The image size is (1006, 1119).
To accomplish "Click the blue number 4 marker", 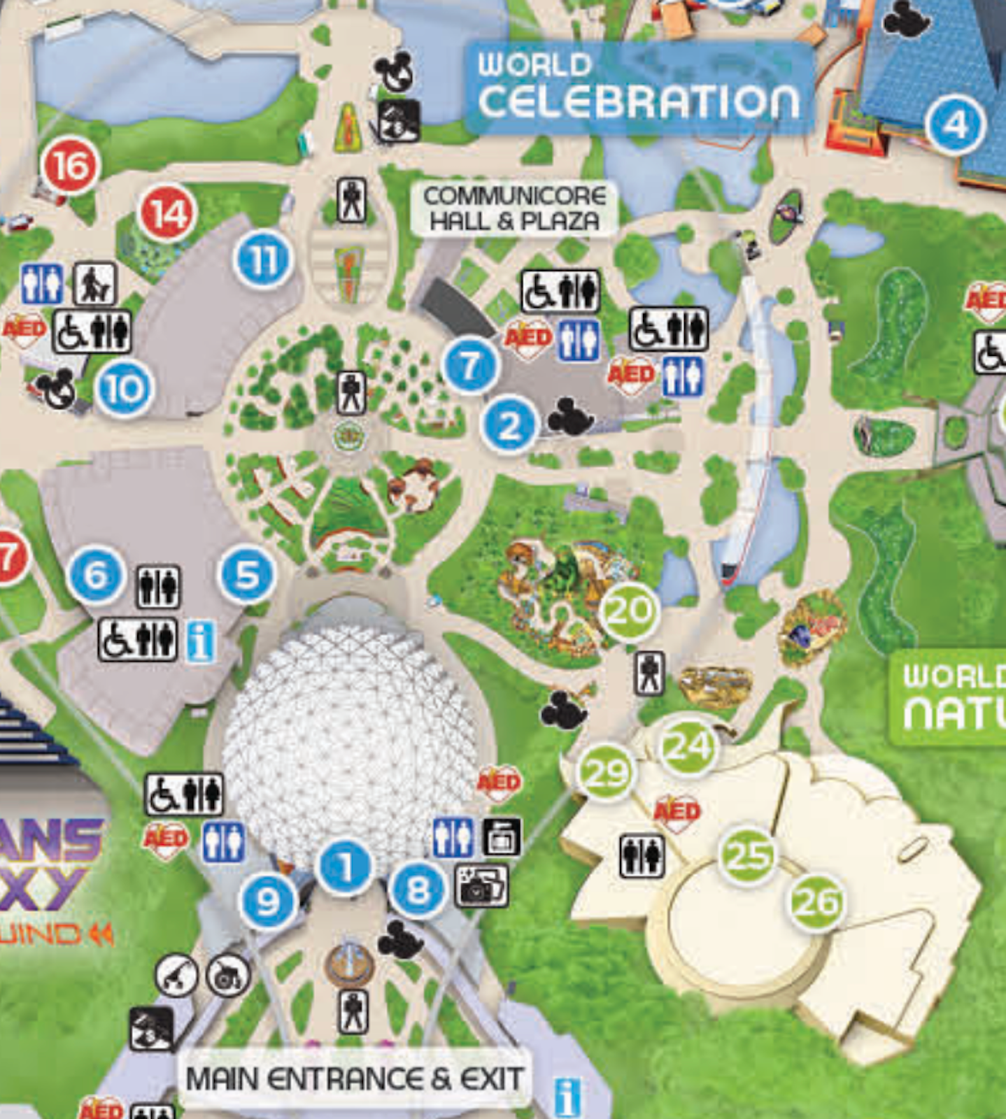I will [955, 126].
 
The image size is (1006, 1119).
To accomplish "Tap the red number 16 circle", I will [71, 166].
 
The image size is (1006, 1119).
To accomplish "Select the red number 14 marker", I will [168, 213].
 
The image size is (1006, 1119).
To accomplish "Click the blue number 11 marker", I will [263, 260].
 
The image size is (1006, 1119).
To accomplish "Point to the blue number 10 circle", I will [125, 389].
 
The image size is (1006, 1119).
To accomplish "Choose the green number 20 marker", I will [630, 611].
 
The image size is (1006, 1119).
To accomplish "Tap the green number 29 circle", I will [606, 773].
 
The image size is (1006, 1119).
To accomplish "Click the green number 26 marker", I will [816, 902].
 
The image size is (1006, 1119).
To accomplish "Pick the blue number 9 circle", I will [267, 902].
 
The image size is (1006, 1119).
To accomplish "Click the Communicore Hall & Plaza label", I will [514, 208].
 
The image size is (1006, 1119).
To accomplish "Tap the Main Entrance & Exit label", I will [354, 1078].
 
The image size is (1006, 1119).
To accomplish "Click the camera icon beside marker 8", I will [481, 885].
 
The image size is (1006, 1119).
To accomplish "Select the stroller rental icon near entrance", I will [176, 975].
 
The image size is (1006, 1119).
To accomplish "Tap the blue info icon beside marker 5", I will [201, 642].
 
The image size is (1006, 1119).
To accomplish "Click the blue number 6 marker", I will [96, 576].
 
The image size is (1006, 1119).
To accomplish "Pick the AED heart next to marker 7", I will [528, 339].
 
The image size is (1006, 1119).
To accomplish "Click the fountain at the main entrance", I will [349, 965].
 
